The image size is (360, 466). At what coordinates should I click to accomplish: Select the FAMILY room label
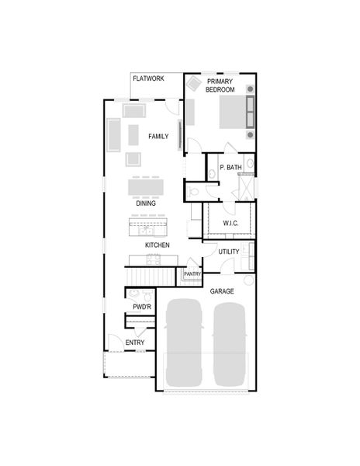click(158, 137)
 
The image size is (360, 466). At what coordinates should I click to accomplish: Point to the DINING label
click(146, 203)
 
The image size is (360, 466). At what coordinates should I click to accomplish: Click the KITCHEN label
click(157, 245)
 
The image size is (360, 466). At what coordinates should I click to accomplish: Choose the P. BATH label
click(230, 168)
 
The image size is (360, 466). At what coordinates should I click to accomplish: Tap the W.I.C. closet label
click(230, 224)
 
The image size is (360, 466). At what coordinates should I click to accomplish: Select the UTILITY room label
click(228, 252)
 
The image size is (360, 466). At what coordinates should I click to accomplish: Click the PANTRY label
click(192, 273)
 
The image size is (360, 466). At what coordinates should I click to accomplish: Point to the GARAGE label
click(222, 291)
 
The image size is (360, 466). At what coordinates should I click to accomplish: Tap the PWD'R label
click(141, 308)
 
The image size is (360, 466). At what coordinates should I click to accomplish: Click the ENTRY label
click(134, 343)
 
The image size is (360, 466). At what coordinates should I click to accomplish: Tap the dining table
click(146, 188)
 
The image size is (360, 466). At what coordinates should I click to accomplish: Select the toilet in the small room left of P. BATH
click(194, 190)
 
